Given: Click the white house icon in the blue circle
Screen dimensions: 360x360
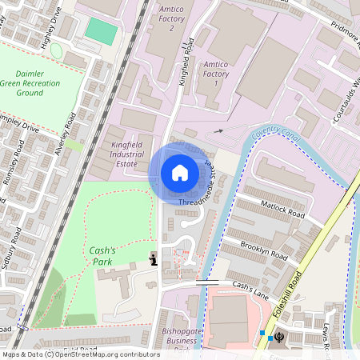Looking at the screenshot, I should tap(180, 172).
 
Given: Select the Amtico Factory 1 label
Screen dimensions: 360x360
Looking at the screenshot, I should tap(217, 72).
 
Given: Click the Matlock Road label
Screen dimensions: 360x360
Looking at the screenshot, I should tap(283, 210).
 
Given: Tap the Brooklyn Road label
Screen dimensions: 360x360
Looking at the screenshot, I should tap(263, 250).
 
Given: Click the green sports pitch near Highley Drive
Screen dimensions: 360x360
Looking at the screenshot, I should tap(101, 31).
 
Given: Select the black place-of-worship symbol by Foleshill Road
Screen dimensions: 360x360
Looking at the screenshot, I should tap(279, 337).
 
